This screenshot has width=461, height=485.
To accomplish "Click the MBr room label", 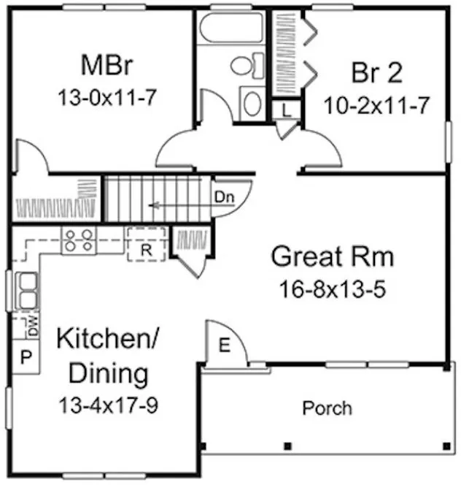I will (106, 65).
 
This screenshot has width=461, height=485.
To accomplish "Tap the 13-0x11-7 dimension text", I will (106, 97).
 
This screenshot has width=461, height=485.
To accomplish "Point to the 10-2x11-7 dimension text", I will (375, 104).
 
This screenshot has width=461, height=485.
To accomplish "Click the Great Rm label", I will (332, 257).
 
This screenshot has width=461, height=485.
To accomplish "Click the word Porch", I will (327, 408).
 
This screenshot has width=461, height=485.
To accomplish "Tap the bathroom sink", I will (252, 103).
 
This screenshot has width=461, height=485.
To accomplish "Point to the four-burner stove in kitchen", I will (78, 240).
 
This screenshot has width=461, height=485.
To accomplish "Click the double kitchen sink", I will (27, 291).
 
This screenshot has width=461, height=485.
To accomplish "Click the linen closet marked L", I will (286, 110).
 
